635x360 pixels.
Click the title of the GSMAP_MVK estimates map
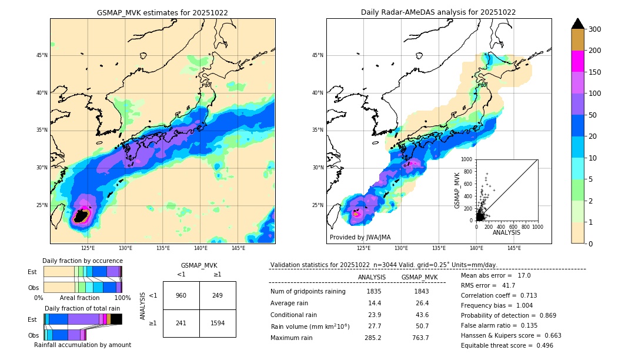(x=162, y=12)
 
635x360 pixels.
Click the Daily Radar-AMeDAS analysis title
(x=438, y=12)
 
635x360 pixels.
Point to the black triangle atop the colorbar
(x=578, y=24)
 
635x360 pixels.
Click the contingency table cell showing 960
(x=181, y=295)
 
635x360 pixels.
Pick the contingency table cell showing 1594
(x=218, y=323)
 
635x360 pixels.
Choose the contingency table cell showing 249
(x=218, y=295)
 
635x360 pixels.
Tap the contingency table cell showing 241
(x=181, y=323)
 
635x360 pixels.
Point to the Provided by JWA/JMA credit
(x=360, y=238)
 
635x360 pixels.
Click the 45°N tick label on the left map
(x=41, y=55)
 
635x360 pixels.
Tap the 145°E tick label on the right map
(x=514, y=248)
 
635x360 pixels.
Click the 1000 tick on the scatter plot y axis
(x=466, y=159)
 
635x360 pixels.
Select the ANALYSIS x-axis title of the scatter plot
(x=506, y=232)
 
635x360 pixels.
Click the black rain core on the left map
(x=81, y=216)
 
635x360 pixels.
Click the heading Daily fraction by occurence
(x=82, y=261)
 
